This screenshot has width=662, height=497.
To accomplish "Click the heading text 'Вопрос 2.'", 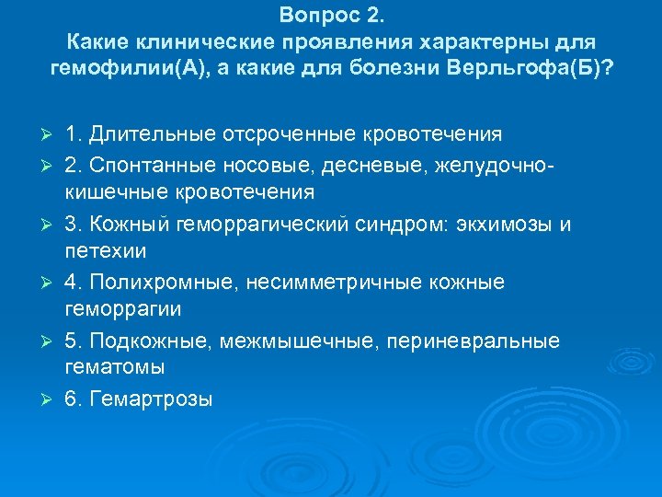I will tap(331, 16).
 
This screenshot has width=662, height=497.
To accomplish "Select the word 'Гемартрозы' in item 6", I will tap(152, 399).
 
